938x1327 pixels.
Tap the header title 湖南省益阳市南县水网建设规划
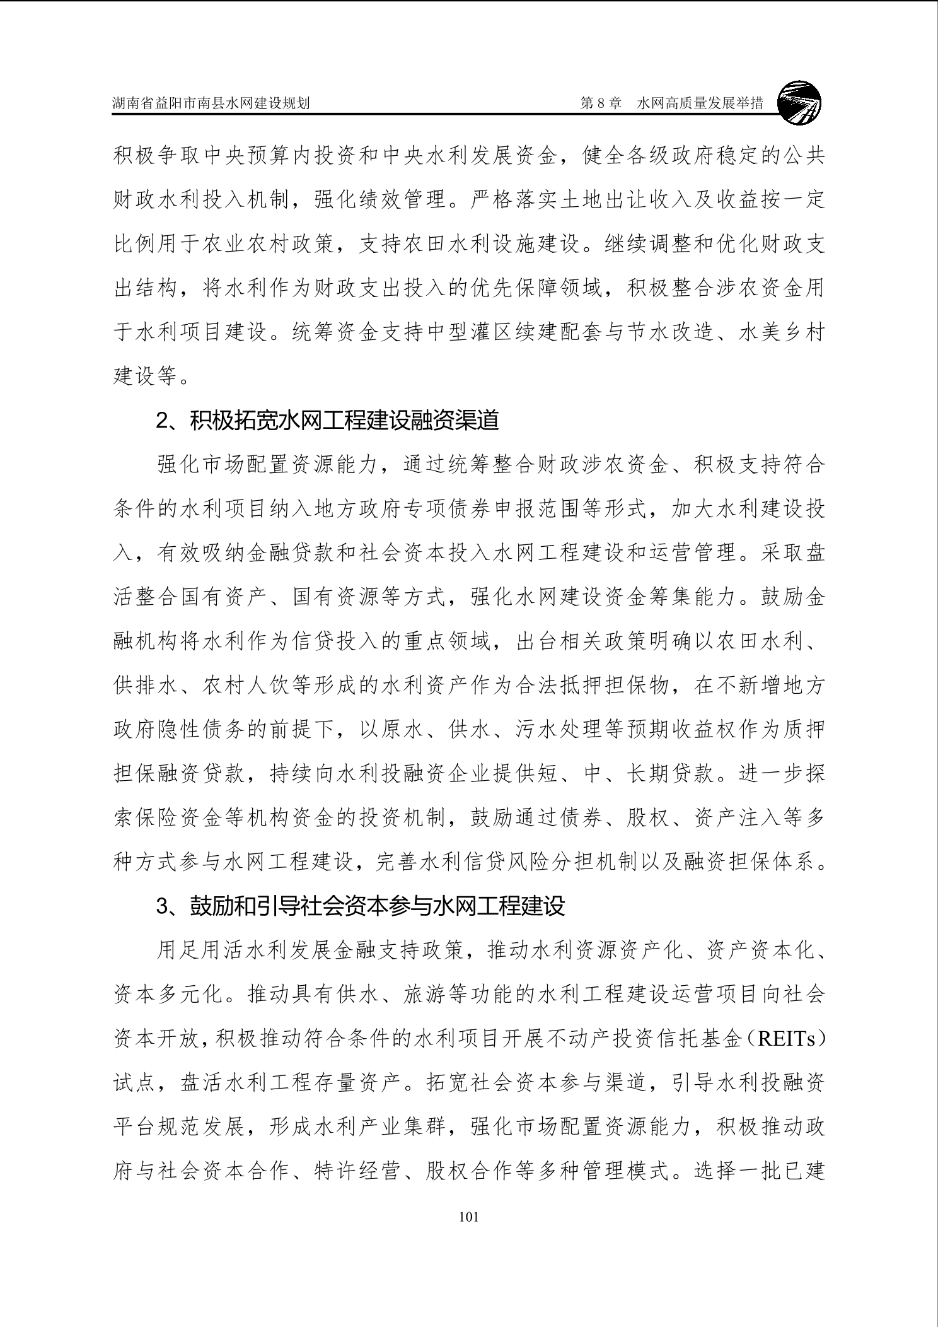pyautogui.click(x=211, y=103)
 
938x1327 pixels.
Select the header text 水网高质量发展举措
pyautogui.click(x=700, y=103)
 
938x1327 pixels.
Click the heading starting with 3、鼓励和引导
pyautogui.click(x=361, y=906)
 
